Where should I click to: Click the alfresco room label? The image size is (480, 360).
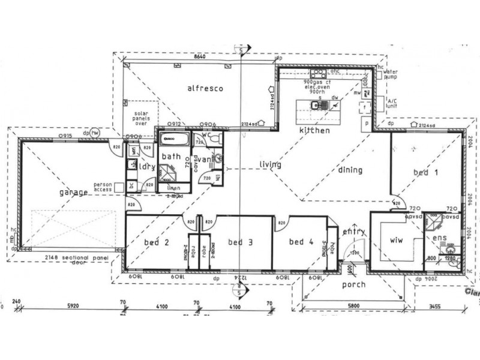(x=205, y=88)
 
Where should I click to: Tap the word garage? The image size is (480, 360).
(x=74, y=193)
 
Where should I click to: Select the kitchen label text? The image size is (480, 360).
(x=315, y=130)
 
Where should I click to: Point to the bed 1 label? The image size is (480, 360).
(x=427, y=172)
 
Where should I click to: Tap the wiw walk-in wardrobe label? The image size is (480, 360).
(x=396, y=239)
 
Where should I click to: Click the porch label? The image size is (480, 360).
(x=353, y=284)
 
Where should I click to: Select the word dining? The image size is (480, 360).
(x=350, y=170)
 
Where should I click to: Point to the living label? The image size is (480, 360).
(x=271, y=164)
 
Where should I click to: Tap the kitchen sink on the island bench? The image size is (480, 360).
(x=316, y=106)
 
